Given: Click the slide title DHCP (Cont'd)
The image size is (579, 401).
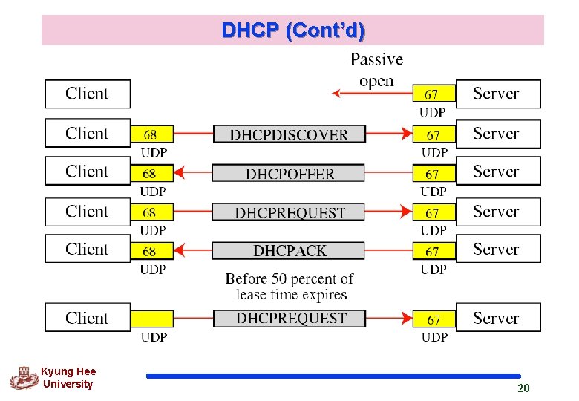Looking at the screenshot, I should [292, 30].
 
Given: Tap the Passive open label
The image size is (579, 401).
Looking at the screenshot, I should [376, 70].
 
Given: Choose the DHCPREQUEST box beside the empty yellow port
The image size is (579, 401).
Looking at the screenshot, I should [290, 319].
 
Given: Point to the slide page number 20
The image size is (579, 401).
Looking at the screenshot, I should [523, 388].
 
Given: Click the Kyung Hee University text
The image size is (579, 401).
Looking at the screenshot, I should [68, 378].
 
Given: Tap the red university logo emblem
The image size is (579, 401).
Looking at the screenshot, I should [24, 378].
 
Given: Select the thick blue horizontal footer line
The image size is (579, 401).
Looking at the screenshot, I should [333, 376].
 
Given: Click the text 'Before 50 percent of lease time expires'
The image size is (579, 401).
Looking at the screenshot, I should [290, 287].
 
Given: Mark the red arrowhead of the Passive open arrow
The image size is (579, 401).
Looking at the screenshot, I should [336, 94].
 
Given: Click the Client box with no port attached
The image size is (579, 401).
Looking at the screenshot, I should [88, 94].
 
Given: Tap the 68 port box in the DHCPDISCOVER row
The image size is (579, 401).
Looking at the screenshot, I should [151, 134].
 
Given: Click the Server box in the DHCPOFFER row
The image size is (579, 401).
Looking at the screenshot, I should [497, 171].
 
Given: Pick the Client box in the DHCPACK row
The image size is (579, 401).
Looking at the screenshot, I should [88, 249].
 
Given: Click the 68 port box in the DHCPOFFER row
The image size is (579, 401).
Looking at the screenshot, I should [151, 173].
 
